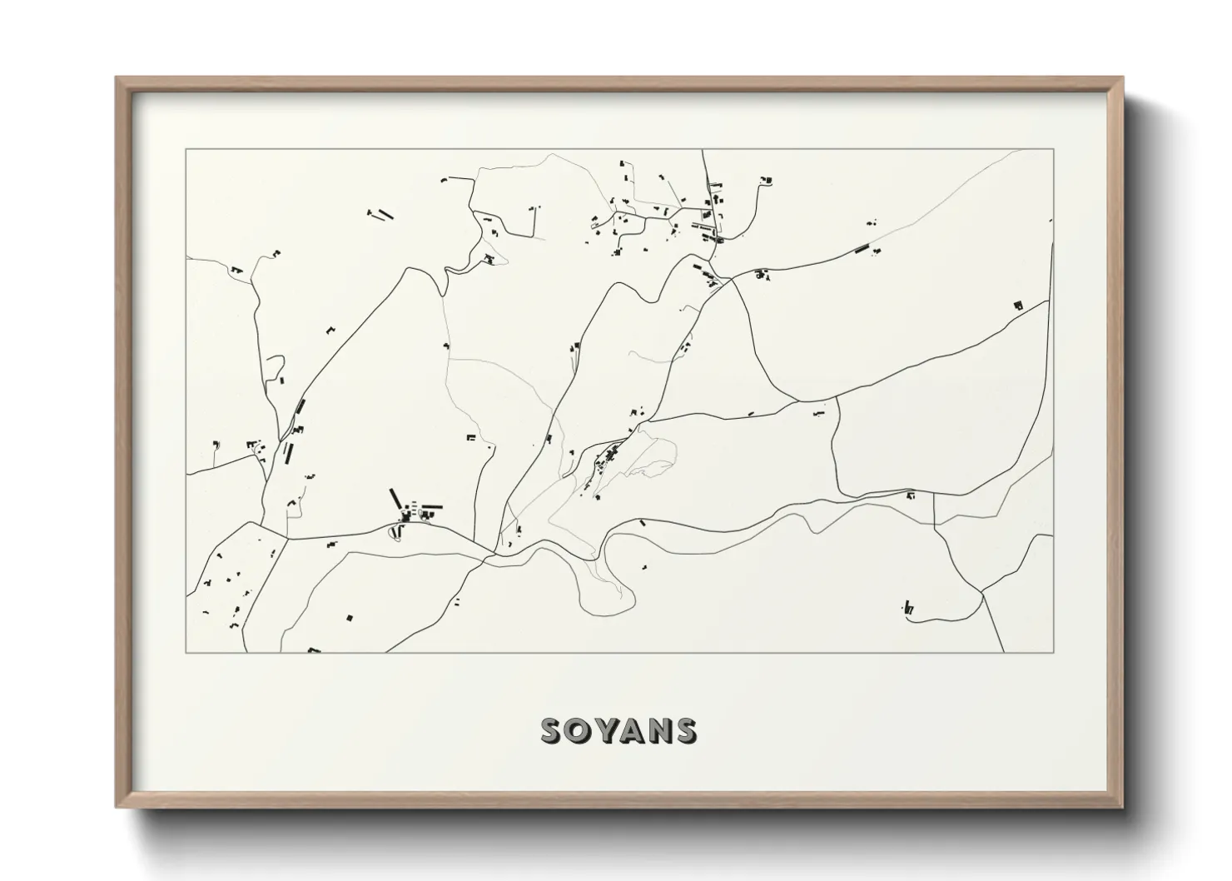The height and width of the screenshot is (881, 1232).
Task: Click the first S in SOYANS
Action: pos(553,730)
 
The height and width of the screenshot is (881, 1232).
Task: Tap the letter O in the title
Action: pos(580,730)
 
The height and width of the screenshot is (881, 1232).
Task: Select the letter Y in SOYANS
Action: pos(607,730)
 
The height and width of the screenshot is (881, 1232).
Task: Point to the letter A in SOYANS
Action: pos(633,730)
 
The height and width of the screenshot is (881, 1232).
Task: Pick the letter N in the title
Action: pos(660,730)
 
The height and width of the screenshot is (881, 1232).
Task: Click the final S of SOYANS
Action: pos(686,730)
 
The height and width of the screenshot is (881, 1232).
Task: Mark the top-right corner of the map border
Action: pos(1053,150)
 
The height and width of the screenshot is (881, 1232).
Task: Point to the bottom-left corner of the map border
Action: pos(186,652)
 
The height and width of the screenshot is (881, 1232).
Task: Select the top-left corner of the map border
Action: pos(186,150)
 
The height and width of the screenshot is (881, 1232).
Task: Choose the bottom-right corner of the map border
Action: pos(1053,652)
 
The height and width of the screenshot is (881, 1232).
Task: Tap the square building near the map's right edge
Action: pos(1017,306)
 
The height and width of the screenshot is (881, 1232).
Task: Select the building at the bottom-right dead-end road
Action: pos(908,609)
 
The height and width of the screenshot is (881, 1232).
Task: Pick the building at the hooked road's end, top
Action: pos(767,179)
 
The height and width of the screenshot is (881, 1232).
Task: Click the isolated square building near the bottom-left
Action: pos(350,617)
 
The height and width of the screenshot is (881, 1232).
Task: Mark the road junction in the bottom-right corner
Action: pos(982,593)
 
